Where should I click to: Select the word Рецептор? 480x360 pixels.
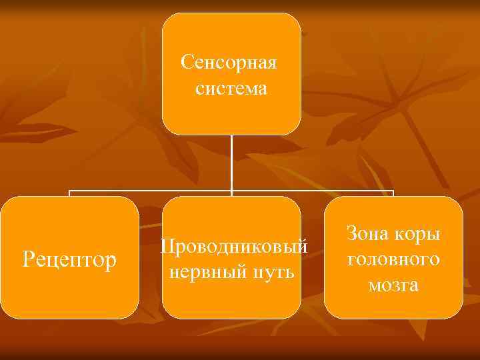pos(69,257)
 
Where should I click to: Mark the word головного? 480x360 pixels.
pos(393,259)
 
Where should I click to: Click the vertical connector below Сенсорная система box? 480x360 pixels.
pos(231,163)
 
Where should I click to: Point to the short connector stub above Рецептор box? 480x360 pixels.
pos(70,193)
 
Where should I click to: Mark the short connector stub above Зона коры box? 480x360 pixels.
pos(393,193)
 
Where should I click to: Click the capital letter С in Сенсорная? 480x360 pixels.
pos(187,65)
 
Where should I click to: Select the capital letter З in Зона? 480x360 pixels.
pos(352,234)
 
